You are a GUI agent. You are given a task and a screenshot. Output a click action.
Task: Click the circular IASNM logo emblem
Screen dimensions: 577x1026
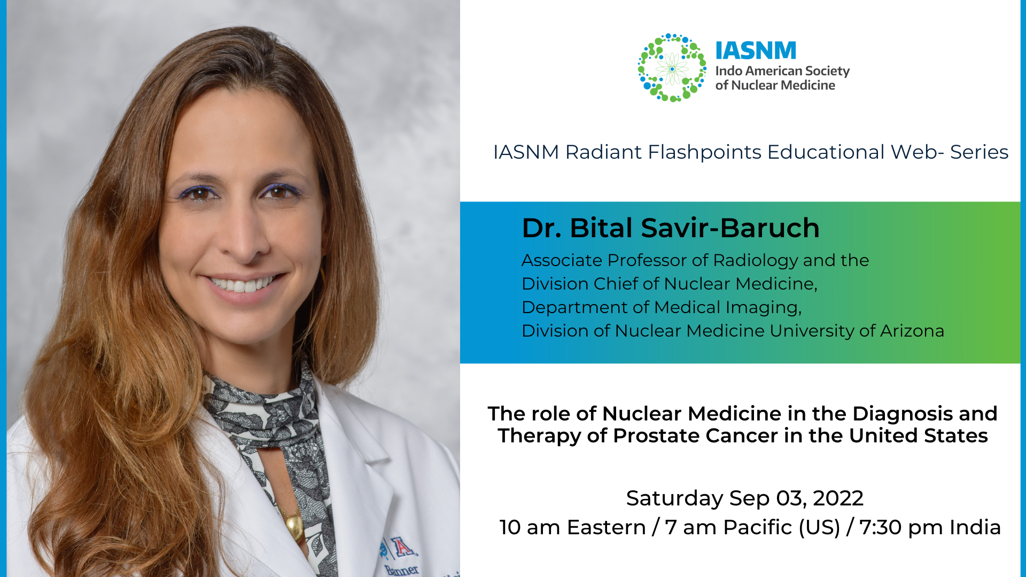coord(672,68)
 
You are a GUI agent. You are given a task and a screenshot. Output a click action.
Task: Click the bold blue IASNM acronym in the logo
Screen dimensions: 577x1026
coord(756,51)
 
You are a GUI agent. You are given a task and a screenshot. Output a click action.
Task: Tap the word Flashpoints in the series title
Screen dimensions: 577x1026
coord(704,152)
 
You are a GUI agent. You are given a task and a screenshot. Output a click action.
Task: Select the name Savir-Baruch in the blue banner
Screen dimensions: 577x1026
coord(730,228)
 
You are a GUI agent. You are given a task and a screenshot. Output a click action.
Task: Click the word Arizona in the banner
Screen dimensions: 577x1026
coord(912,331)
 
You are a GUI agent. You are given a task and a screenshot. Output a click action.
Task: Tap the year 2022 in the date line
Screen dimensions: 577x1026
coord(838,498)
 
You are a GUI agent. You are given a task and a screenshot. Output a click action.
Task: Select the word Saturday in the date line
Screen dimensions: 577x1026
coord(674,498)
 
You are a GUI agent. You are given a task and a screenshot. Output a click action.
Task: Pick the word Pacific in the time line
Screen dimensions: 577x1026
coord(758,528)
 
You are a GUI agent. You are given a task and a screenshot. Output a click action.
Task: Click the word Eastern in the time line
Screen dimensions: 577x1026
coord(606,528)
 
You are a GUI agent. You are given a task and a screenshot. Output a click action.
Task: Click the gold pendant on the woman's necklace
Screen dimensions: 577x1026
coord(294,525)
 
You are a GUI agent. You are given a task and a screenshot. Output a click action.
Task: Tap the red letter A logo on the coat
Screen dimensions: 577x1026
coord(402,547)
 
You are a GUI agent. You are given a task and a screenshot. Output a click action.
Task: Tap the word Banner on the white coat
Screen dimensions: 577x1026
coord(402,570)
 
